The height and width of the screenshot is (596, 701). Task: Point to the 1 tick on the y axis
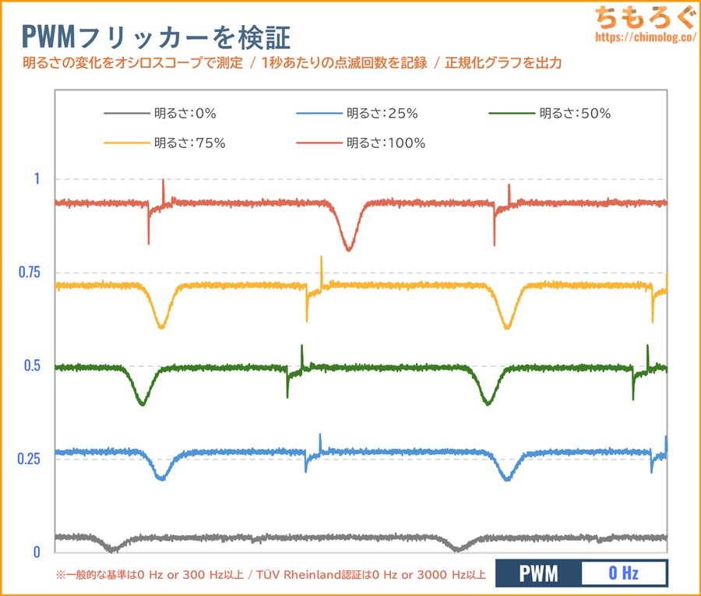[x=36, y=178]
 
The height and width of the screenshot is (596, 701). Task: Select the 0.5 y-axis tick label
[x=31, y=365]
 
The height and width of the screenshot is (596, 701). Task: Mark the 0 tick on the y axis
[x=36, y=552]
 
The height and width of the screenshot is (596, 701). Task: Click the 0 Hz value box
[x=624, y=574]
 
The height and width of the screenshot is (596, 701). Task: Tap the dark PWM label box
[x=538, y=574]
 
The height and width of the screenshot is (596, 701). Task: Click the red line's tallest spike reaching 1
[x=163, y=181]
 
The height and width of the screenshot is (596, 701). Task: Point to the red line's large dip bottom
[x=348, y=249]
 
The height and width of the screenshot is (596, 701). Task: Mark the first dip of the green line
[x=142, y=404]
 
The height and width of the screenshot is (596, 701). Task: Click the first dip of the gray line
[x=114, y=550]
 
